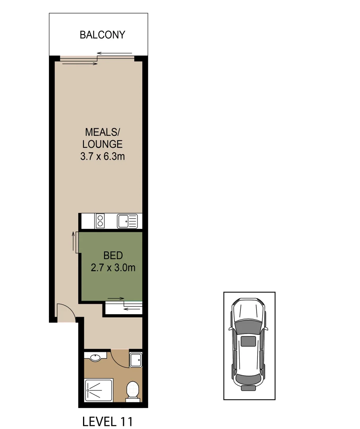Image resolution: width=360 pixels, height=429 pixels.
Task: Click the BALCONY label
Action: pos(103,35)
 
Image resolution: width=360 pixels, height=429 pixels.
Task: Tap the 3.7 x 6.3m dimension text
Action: pos(103,157)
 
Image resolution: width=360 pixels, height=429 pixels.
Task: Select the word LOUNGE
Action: pos(103,144)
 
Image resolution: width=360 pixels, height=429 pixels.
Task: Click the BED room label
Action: pos(113,255)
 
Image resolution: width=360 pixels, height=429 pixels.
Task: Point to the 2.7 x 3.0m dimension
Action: pos(113,268)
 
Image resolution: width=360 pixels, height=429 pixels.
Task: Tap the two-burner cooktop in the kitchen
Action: pos(100,220)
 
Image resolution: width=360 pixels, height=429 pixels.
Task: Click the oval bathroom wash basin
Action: pos(95,357)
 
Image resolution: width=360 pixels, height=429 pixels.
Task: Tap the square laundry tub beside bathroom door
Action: pos(135,359)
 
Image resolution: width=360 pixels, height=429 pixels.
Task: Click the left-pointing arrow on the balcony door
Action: pos(115,53)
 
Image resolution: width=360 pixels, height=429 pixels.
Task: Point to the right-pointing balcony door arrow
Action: pos(80,63)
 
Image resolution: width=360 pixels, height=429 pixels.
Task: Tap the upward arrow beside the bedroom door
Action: pos(73,242)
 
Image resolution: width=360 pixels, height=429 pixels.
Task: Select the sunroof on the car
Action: pos(249,341)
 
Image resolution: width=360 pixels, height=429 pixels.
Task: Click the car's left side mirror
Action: pos(230,329)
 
